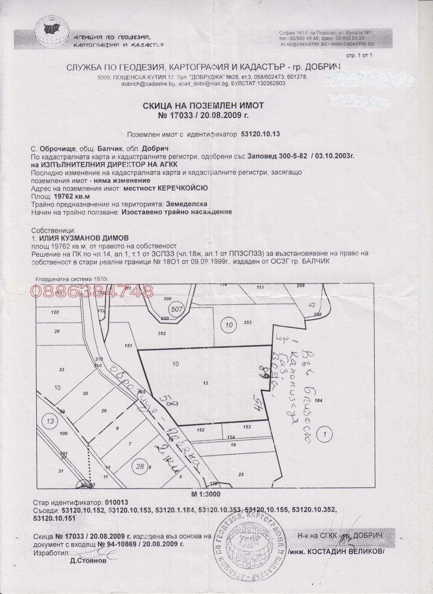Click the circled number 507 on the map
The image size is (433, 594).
(176, 309)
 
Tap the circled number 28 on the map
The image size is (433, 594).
(141, 466)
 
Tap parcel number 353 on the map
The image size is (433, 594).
(247, 322)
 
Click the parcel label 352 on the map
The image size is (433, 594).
(161, 333)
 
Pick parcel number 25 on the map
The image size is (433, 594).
(241, 474)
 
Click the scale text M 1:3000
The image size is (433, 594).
(206, 494)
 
